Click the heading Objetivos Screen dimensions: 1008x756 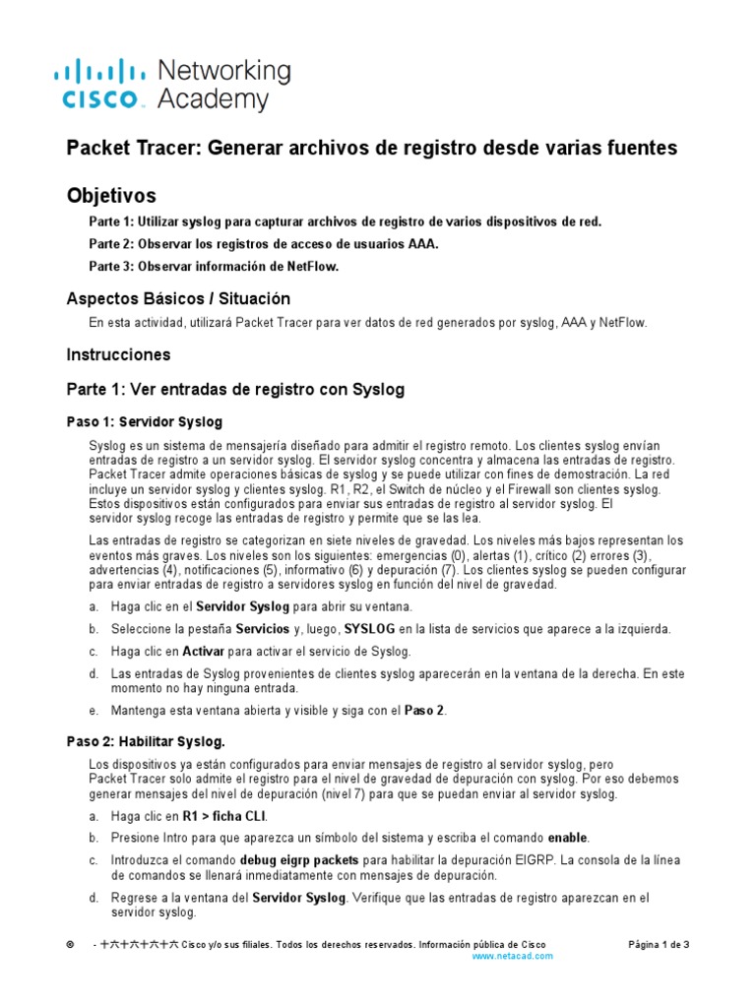[x=110, y=195]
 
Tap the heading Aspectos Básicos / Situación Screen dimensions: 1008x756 [x=178, y=298]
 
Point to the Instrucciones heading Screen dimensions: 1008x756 [x=118, y=354]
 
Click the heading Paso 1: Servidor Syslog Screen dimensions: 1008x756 [x=144, y=422]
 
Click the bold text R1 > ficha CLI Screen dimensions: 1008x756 [x=224, y=816]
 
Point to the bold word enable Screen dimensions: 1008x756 [x=568, y=838]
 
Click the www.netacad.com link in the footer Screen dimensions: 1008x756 [x=512, y=956]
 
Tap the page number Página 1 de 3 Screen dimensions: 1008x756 [x=659, y=944]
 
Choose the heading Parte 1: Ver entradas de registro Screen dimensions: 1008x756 [x=235, y=390]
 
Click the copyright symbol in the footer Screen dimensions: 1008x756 [x=70, y=944]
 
